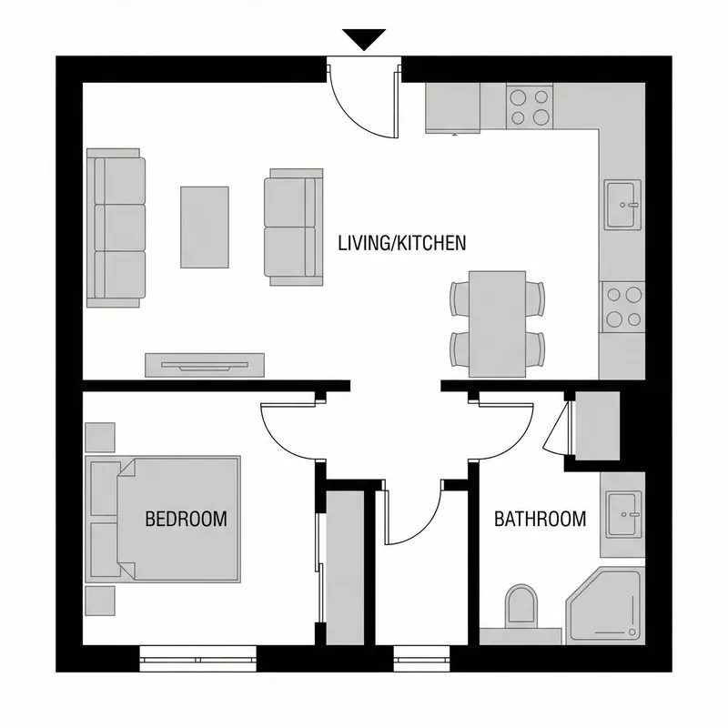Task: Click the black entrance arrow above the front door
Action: tap(364, 39)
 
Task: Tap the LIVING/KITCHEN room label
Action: tap(401, 243)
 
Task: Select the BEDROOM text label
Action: tap(186, 520)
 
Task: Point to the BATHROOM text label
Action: tap(540, 520)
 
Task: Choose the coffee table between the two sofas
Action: tap(204, 227)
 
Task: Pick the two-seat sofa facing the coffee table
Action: tap(293, 227)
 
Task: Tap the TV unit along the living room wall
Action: tap(204, 364)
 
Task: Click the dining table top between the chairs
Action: tap(498, 324)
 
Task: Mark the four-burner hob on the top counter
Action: tap(530, 106)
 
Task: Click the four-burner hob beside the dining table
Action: tap(623, 306)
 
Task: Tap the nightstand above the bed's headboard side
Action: tap(100, 436)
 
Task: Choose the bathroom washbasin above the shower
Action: tap(623, 515)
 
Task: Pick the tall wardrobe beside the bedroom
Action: tap(344, 569)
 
